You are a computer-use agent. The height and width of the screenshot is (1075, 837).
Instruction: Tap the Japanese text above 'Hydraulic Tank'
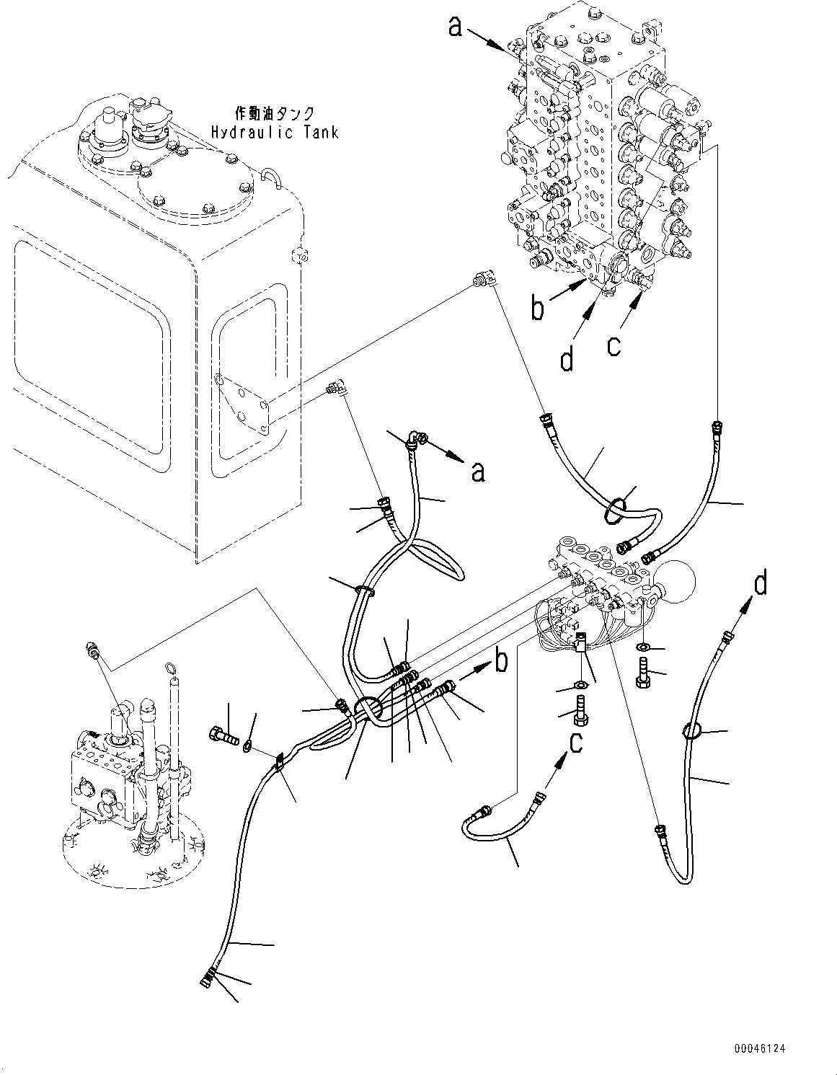(275, 113)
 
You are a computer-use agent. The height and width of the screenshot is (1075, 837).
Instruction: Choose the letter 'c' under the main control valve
(613, 345)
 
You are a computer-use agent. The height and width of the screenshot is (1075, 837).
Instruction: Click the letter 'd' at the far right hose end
(761, 583)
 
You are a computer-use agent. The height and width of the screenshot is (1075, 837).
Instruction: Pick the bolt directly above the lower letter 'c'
(579, 707)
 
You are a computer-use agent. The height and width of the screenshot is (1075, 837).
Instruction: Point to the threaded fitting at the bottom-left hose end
(205, 979)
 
